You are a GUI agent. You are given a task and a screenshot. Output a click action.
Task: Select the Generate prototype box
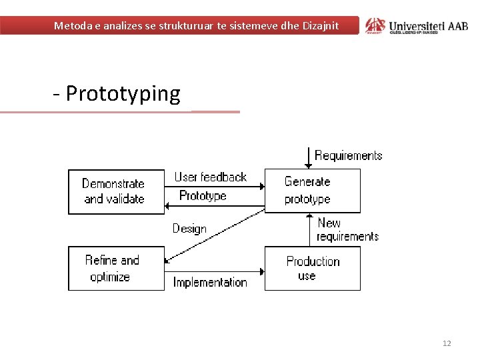coord(313,191)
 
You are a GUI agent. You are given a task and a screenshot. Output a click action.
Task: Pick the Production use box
coord(313,268)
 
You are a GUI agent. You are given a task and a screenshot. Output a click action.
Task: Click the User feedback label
coord(210,177)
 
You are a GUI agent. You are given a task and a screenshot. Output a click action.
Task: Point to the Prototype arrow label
coord(203,196)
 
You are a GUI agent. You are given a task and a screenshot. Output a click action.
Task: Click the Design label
coord(189,229)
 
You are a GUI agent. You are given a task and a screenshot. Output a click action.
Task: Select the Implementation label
coord(210,282)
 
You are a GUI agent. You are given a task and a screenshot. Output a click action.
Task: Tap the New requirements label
coord(347,229)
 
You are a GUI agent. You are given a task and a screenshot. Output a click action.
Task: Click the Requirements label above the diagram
coord(348,155)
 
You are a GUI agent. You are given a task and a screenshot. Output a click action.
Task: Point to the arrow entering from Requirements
coord(307,158)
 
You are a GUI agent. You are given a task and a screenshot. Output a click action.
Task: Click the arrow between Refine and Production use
coord(214,271)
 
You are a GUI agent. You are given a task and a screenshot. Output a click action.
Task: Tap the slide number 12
coord(447,343)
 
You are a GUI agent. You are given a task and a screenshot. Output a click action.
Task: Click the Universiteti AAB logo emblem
coord(375,25)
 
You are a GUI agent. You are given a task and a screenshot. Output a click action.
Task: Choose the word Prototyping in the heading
coord(123,94)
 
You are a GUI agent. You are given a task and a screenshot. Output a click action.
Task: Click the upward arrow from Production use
coord(310,230)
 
